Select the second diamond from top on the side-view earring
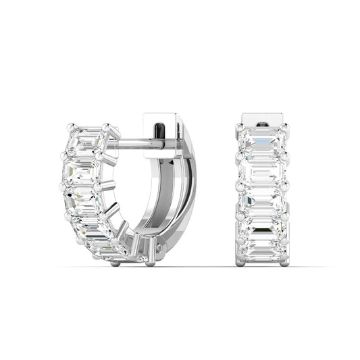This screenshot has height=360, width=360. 81,170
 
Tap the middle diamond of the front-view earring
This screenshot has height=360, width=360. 261,201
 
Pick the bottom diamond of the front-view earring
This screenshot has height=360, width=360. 261,249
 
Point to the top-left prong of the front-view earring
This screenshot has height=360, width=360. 238,126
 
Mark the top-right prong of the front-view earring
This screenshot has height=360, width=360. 284,126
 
